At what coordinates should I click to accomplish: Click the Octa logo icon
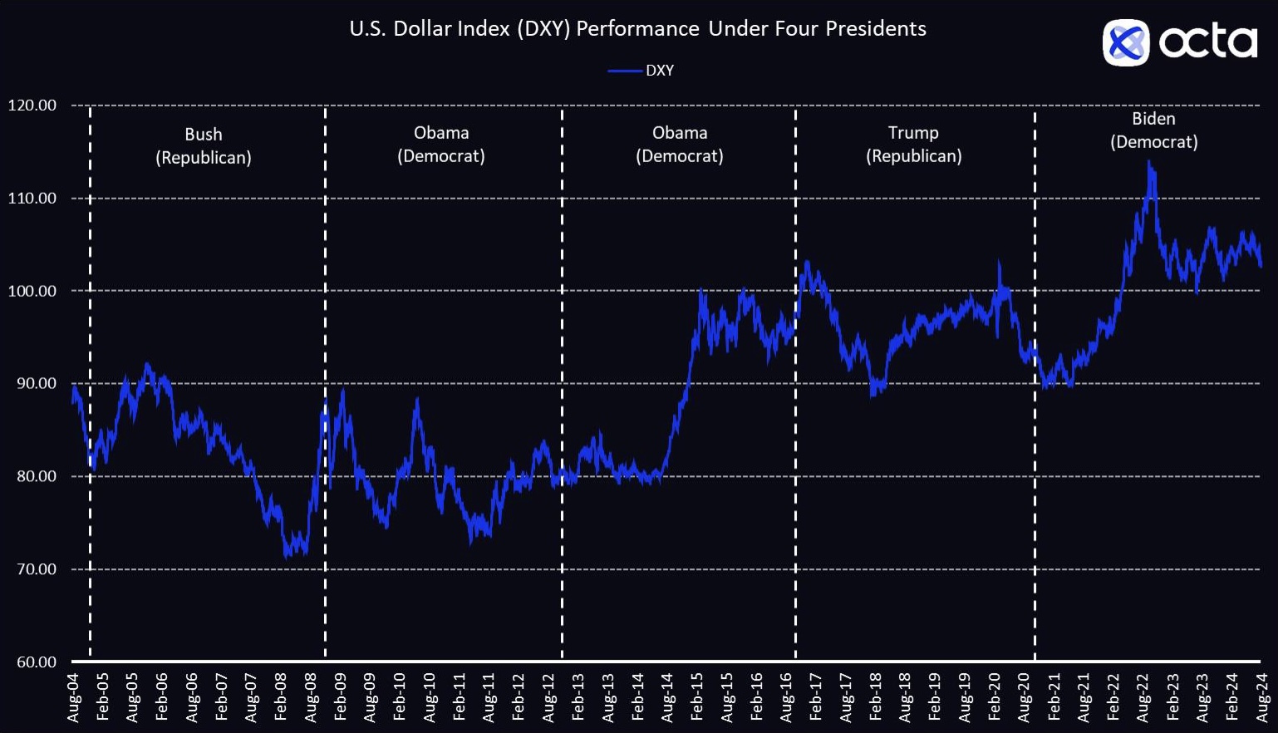(x=1125, y=42)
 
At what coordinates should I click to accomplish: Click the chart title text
(x=637, y=29)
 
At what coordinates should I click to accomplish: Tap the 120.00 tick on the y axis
(x=32, y=106)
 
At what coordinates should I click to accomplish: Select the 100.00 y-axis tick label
(x=32, y=291)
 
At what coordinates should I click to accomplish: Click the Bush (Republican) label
(x=204, y=145)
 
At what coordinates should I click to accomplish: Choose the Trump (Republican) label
(x=913, y=144)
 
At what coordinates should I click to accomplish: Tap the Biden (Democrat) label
(x=1153, y=130)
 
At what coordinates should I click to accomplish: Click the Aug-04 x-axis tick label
(x=74, y=697)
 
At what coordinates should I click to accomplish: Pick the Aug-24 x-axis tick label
(x=1262, y=697)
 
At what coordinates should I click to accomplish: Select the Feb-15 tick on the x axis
(x=697, y=697)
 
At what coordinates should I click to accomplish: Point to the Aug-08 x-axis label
(x=312, y=697)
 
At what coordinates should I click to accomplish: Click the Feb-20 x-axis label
(x=995, y=697)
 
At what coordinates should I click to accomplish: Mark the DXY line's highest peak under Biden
(x=1149, y=161)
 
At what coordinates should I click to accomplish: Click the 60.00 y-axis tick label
(x=37, y=662)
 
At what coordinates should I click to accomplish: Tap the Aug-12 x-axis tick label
(x=549, y=697)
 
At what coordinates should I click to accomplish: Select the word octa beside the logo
(x=1208, y=42)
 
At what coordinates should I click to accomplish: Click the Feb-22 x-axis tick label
(x=1113, y=697)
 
